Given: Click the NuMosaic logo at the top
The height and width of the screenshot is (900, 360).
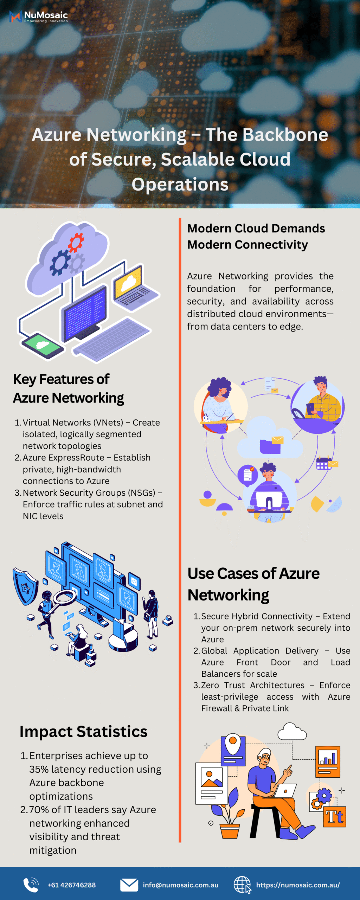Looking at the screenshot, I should pos(39,16).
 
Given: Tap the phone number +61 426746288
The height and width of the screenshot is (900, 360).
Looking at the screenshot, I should pos(71,885).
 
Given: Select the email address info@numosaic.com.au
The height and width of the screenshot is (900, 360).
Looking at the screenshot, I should pos(180,885).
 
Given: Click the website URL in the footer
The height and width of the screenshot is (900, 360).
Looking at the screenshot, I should pos(298,885).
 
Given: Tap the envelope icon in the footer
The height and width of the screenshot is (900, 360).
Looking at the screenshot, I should pos(129,885).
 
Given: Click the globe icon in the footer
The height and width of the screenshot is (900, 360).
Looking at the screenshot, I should pos(242,885).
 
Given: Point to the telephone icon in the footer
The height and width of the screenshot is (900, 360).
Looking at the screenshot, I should pos(31,885).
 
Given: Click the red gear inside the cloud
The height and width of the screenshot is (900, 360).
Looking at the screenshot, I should pos(76,242).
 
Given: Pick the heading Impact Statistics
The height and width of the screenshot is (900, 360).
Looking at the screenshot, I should pos(83,732).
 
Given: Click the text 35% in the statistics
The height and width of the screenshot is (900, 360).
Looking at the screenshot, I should pos(39,769).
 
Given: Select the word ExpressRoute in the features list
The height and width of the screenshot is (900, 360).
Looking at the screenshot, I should pos(81,457).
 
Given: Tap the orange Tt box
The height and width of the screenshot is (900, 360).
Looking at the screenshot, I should pos(334,817).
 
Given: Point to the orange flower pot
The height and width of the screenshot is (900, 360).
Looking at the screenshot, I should pos(230,831).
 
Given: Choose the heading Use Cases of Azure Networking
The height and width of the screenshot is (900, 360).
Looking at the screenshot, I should pos(253,584).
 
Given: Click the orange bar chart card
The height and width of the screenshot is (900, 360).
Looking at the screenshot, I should pos(328,761).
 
